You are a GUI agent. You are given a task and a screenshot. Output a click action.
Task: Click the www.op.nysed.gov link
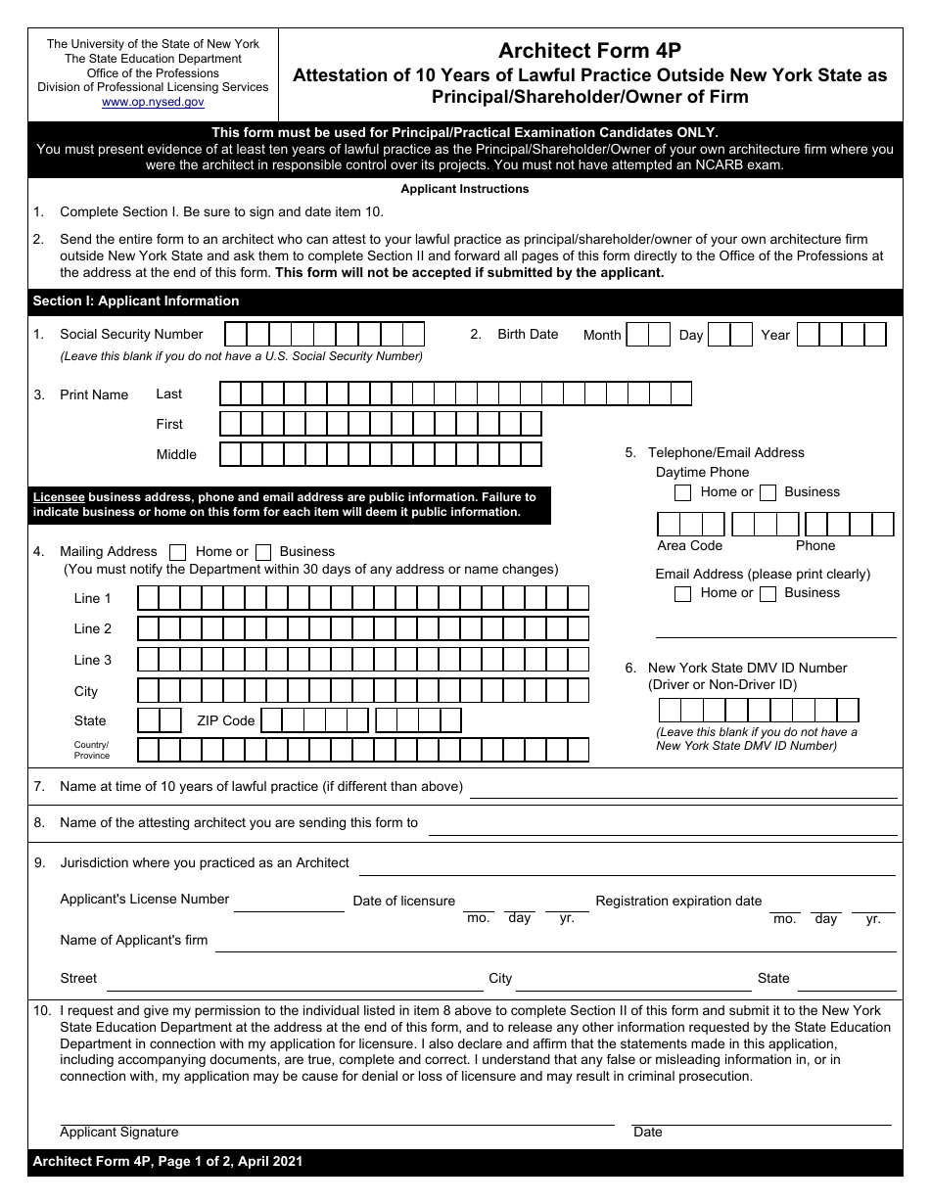153,102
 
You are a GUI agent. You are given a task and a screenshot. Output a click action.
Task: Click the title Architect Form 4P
589,51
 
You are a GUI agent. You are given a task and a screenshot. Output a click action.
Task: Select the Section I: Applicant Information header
136,301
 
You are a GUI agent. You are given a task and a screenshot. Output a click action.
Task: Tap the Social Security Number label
131,335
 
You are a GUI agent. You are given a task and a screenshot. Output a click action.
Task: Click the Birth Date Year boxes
841,335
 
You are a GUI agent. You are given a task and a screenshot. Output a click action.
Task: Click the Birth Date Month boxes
648,335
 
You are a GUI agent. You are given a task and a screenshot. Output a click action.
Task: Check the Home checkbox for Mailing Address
178,552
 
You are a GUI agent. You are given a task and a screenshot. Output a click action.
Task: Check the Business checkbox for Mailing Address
262,552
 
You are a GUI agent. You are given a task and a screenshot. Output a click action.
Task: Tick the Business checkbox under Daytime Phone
768,492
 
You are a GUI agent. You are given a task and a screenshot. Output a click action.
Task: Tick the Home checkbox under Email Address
683,593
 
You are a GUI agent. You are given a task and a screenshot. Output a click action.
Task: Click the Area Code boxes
691,525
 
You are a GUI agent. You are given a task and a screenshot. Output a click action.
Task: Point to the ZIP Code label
225,721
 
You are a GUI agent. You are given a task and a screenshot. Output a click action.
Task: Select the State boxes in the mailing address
160,721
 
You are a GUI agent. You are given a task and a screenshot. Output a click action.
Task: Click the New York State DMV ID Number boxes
759,710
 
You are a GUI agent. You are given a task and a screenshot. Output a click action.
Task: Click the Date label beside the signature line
648,1133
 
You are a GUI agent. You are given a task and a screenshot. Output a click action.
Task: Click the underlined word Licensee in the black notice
59,497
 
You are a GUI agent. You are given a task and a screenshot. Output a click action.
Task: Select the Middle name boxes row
380,454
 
